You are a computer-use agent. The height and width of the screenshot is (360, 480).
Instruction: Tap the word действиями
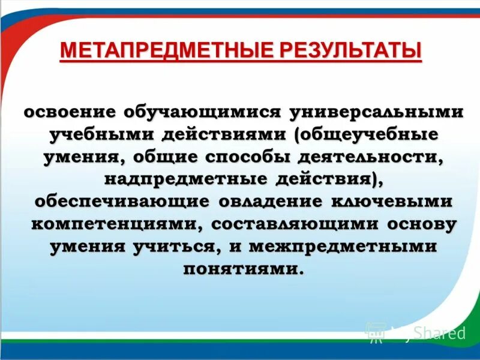coord(225,135)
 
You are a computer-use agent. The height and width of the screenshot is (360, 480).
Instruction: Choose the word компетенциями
coord(115,224)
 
